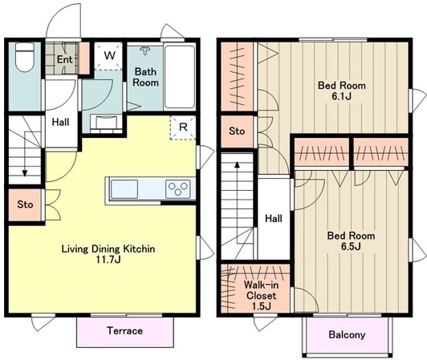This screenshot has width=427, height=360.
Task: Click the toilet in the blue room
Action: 25,58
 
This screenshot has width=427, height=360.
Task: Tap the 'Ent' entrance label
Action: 64,59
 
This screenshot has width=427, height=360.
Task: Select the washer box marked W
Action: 109,56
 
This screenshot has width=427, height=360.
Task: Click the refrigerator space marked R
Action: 183,127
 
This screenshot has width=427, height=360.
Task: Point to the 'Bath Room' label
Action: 146,77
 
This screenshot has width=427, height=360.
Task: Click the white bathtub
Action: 180,77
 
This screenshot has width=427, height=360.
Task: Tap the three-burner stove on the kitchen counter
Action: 178,189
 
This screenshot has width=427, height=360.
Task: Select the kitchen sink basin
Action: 124,189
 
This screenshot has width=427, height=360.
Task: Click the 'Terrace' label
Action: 124,330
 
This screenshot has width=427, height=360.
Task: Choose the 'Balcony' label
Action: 347,334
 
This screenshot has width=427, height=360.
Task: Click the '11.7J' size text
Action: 108,260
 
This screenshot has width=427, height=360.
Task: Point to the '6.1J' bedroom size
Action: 341,96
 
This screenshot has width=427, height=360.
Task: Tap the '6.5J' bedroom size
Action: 351,246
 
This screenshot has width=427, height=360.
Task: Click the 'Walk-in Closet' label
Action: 261,290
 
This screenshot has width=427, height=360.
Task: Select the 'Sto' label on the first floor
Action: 25,204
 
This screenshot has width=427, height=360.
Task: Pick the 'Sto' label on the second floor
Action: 237,131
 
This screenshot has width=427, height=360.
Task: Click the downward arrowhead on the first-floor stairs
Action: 25,173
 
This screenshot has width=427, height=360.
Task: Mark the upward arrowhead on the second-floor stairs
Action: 238,164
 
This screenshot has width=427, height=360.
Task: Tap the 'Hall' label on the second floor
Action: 274,218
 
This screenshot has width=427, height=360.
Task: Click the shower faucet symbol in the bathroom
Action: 144,50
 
